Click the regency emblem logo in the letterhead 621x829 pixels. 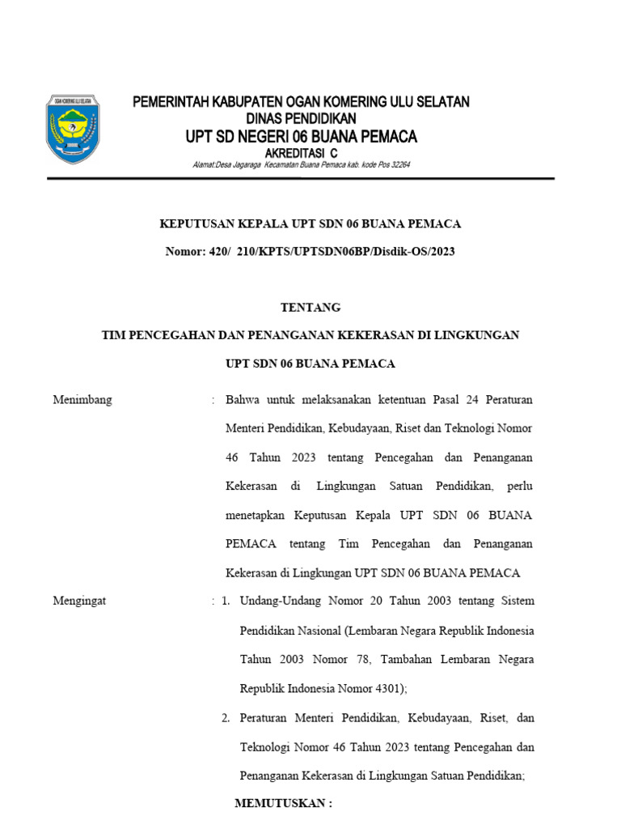73,130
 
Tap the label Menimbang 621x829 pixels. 82,400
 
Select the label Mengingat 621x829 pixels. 79,601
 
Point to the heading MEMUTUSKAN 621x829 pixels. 283,803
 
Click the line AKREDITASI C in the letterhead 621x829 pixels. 301,153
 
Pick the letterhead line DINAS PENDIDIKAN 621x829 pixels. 301,118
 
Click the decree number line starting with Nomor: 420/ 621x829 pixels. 310,252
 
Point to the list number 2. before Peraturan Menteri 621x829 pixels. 226,718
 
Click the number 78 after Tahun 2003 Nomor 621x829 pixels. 361,660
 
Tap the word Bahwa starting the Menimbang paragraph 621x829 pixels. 242,400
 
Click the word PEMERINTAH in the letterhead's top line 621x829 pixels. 170,102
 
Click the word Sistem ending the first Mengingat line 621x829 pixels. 517,601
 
